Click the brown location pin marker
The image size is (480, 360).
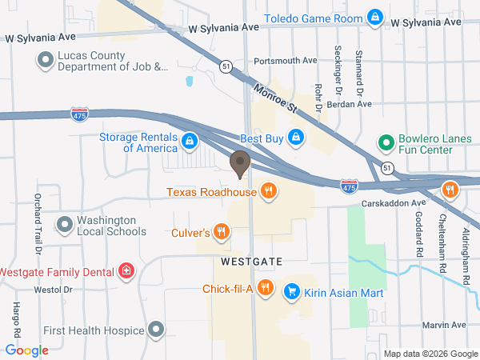(x=239, y=163)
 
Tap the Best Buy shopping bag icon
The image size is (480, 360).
(x=297, y=137)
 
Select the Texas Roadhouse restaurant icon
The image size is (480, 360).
(x=269, y=191)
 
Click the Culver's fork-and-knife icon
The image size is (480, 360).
(x=222, y=233)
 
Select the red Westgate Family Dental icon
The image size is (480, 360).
(x=126, y=271)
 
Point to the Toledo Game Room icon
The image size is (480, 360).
(x=374, y=17)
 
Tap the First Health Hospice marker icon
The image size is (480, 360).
(x=156, y=330)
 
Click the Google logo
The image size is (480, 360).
(x=27, y=350)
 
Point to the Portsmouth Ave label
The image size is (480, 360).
(x=286, y=61)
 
